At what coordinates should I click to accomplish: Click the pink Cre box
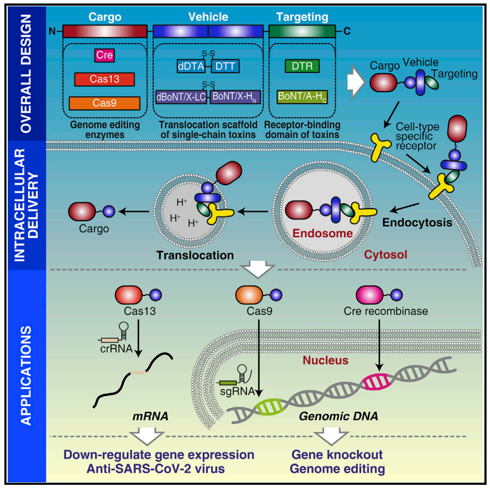tap(104, 55)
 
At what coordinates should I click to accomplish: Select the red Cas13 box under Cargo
tap(104, 79)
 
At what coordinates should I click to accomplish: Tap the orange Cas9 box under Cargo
tap(104, 103)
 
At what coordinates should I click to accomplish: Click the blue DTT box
tap(224, 66)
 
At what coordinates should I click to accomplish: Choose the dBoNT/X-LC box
tap(181, 97)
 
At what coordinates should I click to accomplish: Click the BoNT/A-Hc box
tap(302, 97)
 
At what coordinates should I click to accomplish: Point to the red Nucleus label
tap(325, 360)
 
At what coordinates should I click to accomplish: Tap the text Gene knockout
tap(337, 455)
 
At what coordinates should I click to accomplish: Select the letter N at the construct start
tap(52, 31)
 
